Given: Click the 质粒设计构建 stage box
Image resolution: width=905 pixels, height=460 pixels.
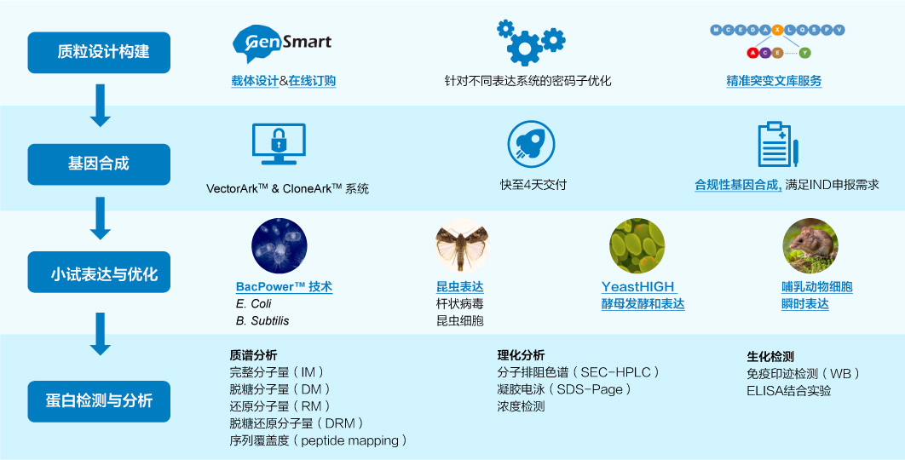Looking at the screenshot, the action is tap(99, 53).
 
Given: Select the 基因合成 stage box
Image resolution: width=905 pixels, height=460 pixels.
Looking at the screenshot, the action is tap(99, 164).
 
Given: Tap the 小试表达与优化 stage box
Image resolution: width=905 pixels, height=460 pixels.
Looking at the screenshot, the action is tap(99, 272).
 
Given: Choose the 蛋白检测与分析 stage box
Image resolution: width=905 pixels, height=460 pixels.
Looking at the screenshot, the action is tap(99, 401).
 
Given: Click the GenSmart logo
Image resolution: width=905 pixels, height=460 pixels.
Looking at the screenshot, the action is tap(282, 43).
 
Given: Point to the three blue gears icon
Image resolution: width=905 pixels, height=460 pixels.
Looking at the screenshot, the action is tap(530, 42).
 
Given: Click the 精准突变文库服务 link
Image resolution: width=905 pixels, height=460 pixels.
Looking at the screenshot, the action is tap(774, 82).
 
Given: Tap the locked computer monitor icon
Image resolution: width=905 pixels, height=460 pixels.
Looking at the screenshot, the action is tap(279, 144).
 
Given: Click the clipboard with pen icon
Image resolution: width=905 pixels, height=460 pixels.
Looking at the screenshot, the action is tap(777, 144).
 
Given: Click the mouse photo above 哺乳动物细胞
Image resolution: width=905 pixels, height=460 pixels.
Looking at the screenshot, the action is tap(810, 245).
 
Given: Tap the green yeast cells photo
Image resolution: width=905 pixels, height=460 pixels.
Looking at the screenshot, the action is tap(637, 245).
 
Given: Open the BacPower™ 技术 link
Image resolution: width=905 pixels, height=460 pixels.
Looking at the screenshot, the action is tap(284, 287).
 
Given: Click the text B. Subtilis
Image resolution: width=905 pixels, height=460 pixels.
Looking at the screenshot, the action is tap(262, 321).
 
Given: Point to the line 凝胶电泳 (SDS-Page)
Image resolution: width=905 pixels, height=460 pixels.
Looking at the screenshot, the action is tap(564, 389).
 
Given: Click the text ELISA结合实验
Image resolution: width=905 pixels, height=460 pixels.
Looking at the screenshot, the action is tap(789, 391).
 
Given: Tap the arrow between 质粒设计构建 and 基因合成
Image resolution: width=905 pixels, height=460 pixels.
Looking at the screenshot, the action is tap(100, 106).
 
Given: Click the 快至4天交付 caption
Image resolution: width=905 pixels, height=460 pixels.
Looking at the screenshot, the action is tap(533, 185).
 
